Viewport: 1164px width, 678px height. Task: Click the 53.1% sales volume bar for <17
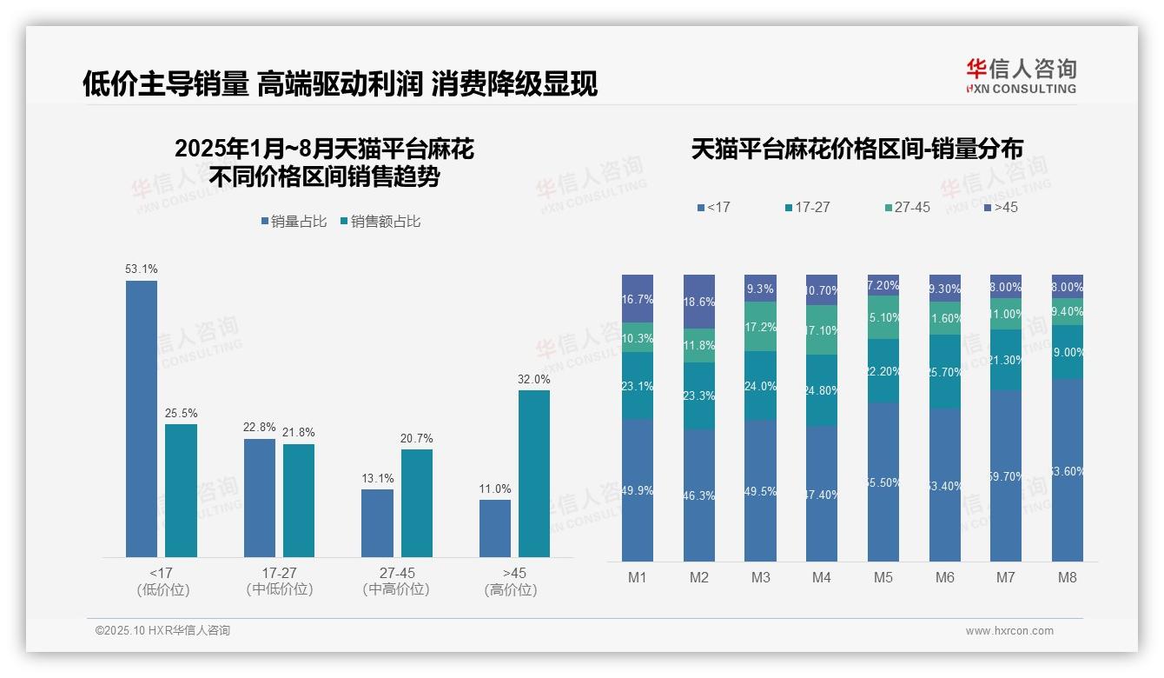pos(142,418)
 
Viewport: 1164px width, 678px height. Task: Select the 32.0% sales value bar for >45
pos(534,473)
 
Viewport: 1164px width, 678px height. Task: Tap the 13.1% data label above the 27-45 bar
pos(378,478)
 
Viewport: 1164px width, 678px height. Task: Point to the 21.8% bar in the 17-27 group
pos(299,500)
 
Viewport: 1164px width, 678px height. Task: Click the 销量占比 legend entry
pos(294,222)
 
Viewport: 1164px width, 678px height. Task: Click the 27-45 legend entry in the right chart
pos(907,208)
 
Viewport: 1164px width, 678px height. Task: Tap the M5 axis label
pos(883,577)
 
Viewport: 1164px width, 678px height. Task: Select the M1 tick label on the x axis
pos(638,577)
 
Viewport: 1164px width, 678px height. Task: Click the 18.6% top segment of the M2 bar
pos(699,301)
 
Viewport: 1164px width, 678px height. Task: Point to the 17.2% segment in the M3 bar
pos(761,327)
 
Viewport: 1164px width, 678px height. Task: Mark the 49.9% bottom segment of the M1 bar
pos(638,490)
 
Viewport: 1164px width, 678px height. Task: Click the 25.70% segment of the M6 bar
pos(945,371)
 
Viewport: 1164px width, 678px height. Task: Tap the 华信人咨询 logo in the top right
pos(1021,76)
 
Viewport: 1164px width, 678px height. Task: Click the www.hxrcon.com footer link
pos(1009,631)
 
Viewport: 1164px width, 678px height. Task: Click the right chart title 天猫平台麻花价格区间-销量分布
pos(856,150)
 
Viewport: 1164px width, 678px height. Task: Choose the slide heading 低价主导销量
pos(165,84)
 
